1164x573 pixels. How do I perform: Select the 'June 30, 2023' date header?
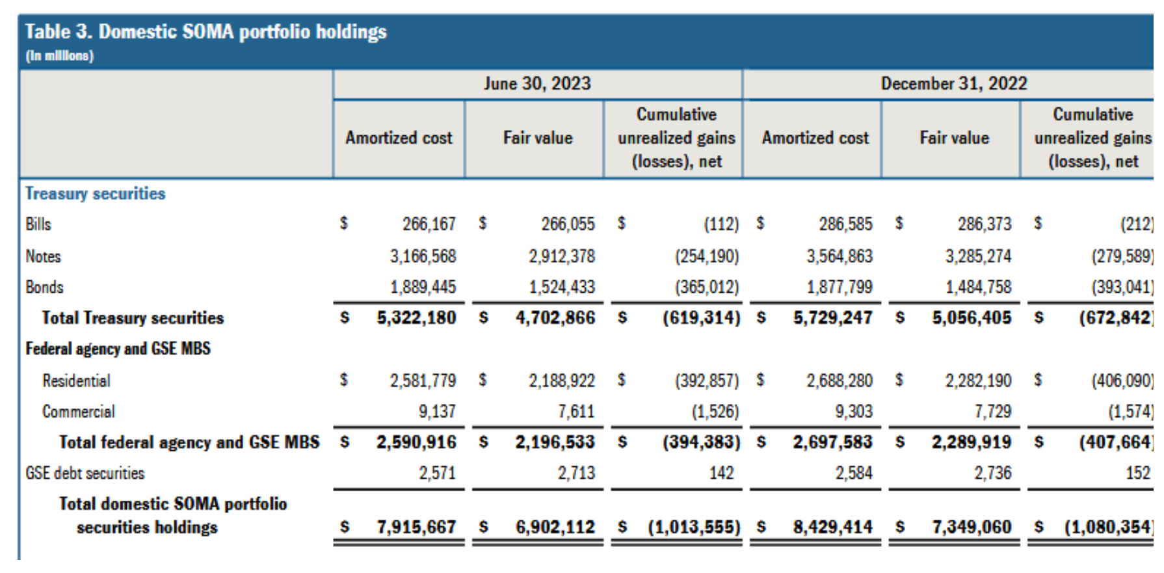tap(537, 84)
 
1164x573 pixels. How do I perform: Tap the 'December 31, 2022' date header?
tap(953, 84)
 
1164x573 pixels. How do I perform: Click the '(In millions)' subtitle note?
tap(60, 56)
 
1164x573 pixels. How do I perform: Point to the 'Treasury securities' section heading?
tap(96, 194)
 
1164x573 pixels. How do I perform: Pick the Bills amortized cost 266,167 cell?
tap(429, 224)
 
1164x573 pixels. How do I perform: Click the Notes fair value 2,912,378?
tap(562, 256)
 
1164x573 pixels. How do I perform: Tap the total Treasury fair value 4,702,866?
tap(555, 318)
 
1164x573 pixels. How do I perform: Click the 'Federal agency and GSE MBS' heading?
tap(118, 349)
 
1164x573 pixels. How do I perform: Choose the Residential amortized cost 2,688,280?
tap(839, 380)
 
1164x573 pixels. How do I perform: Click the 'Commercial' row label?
tap(79, 412)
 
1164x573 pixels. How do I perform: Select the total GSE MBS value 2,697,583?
tap(832, 442)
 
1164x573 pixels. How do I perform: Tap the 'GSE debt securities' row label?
tap(85, 473)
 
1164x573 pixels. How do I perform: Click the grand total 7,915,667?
tap(416, 527)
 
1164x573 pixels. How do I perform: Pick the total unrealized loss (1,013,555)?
tap(694, 527)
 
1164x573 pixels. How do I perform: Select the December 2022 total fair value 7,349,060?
tap(972, 527)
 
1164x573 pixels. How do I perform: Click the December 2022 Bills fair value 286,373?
tap(985, 224)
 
